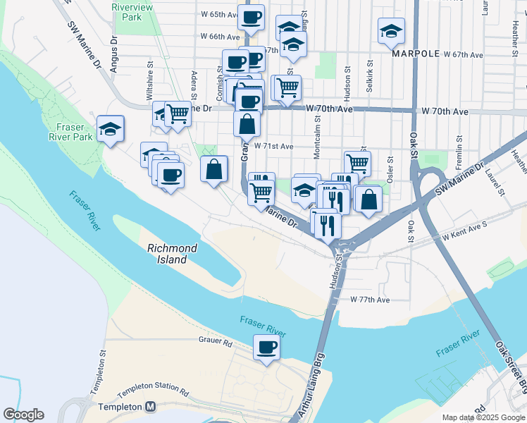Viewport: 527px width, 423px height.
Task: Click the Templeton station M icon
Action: tap(150, 407)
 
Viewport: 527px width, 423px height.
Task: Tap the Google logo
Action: tap(23, 415)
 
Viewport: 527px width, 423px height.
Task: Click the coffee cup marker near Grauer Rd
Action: tap(266, 347)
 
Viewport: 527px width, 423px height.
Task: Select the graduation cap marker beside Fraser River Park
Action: tap(110, 129)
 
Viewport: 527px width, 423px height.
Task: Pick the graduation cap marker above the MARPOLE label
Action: tap(391, 32)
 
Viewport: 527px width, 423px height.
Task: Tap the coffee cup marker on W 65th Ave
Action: tap(250, 17)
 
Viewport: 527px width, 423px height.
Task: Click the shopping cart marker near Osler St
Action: tap(357, 164)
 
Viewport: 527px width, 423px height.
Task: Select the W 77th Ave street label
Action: tap(370, 300)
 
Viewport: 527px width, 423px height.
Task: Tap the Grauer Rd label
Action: tap(216, 342)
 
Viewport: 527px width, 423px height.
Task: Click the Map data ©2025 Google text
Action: tap(483, 418)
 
